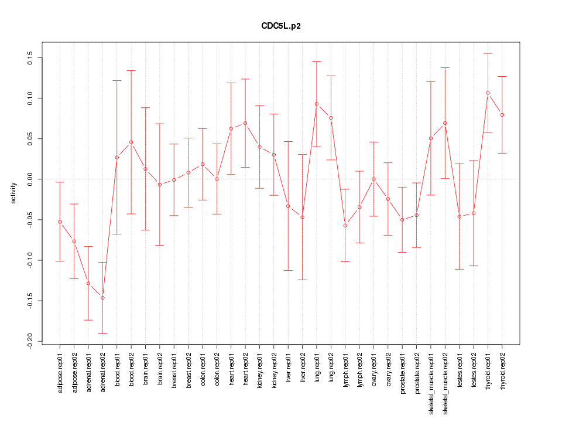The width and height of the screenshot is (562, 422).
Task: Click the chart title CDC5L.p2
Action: (281, 26)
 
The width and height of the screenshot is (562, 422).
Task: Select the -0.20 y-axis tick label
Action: (29, 341)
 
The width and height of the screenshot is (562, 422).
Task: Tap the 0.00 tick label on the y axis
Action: (29, 179)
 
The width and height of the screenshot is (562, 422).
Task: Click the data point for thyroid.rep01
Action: (488, 93)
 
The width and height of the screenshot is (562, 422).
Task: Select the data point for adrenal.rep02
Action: (102, 298)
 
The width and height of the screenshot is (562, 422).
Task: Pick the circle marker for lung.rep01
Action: (317, 104)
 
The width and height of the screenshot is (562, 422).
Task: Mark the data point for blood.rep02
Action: (131, 142)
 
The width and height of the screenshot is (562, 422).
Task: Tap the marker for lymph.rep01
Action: (345, 226)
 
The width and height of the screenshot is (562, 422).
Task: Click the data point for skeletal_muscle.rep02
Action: (445, 123)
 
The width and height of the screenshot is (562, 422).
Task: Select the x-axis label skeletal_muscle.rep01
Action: (431, 378)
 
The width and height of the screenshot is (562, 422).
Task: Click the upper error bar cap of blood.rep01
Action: (117, 81)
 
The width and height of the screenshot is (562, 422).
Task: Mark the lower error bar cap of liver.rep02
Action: (303, 280)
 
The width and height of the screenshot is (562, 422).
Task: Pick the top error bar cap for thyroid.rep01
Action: (488, 53)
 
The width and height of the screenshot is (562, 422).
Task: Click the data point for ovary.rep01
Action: (373, 179)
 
